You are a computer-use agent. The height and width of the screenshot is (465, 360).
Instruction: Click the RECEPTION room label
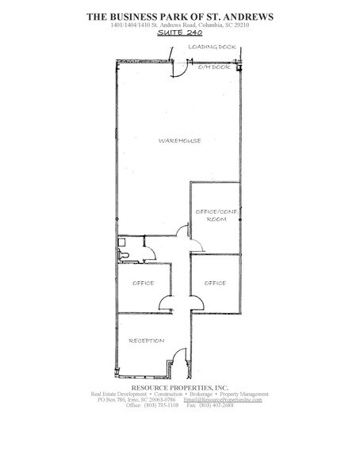tap(147, 341)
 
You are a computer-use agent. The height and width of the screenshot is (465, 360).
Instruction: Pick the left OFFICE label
tap(144, 283)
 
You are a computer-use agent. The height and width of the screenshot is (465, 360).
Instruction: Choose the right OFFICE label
tap(215, 283)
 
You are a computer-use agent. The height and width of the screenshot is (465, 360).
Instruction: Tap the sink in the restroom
tap(122, 240)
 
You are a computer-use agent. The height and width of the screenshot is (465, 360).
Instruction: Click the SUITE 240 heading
tap(179, 35)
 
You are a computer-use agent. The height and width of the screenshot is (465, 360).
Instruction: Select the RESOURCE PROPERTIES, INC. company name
tap(179, 387)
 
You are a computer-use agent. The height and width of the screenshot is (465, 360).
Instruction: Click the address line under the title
tap(179, 25)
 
